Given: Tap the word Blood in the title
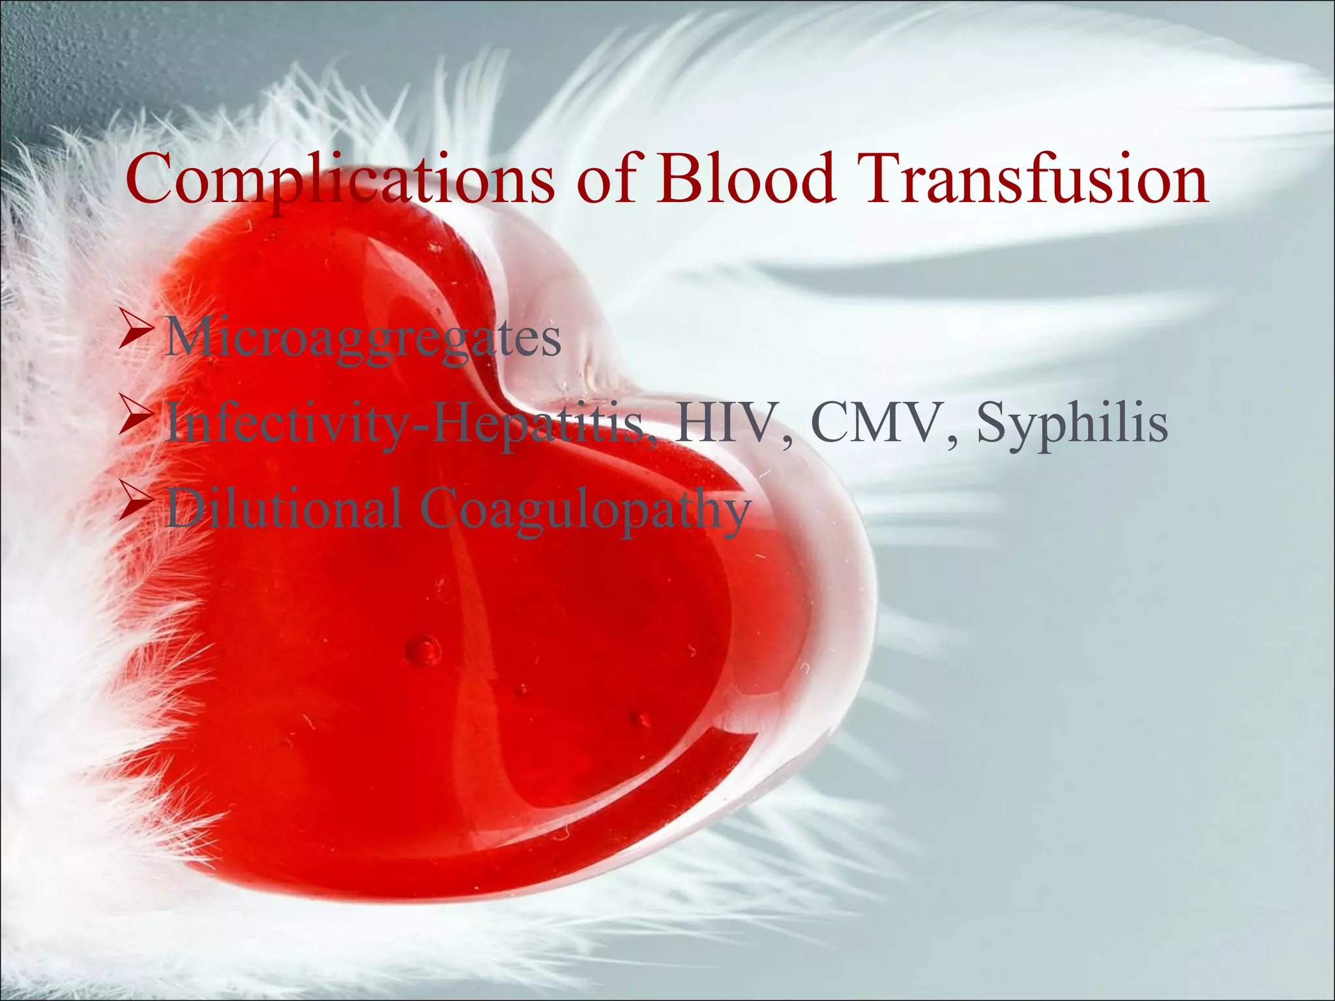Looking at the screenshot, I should point(746,177).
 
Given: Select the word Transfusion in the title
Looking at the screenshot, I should point(1034,177).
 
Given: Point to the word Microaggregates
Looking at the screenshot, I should point(362,339).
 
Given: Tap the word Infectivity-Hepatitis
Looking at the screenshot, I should point(404,425).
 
